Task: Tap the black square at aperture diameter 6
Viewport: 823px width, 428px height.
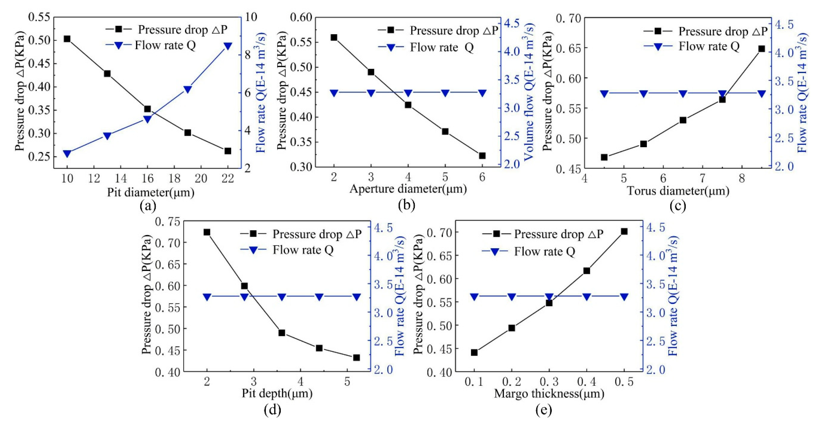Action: tap(482, 156)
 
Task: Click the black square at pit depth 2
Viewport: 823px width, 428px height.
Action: tap(207, 232)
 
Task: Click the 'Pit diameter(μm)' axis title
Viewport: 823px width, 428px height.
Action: tap(150, 192)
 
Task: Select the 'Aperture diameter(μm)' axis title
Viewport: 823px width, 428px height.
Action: tap(408, 189)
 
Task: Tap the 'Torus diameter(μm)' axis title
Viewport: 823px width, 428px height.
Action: tap(678, 191)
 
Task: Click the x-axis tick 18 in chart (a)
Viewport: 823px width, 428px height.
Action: tap(174, 178)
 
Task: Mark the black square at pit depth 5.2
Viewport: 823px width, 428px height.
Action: tap(356, 358)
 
